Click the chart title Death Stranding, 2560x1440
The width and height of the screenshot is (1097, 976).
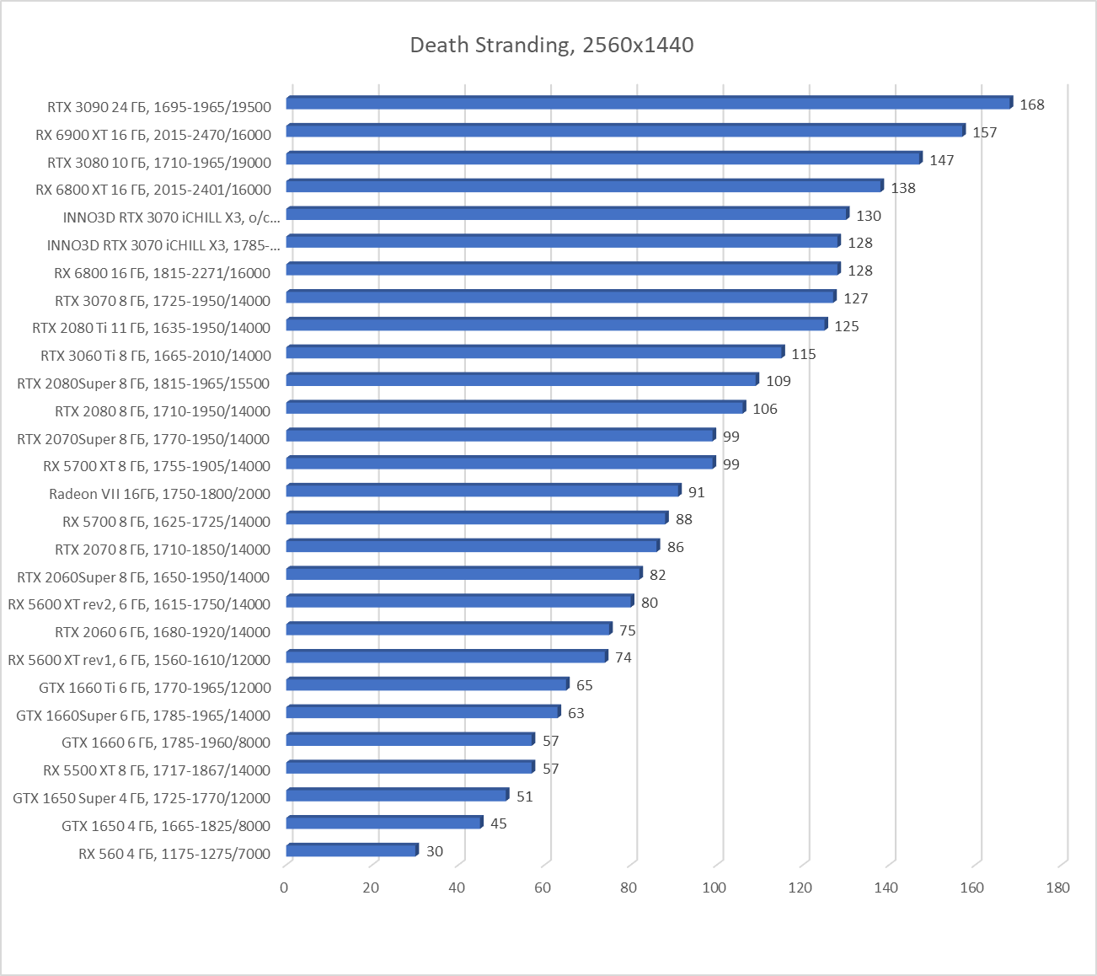pos(552,45)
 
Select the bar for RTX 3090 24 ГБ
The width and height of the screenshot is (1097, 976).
pos(649,103)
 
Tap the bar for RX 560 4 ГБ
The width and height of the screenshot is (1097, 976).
pos(351,850)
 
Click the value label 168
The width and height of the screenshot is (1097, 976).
pos(1031,105)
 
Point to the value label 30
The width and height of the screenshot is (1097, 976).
pos(434,851)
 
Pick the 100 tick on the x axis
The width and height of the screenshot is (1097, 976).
pos(714,887)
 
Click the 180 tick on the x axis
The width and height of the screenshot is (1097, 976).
pos(1057,887)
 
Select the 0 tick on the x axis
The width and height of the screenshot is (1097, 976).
pos(284,887)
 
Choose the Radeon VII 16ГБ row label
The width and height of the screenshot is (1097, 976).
pos(159,494)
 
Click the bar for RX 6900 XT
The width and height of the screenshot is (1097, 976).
pos(625,131)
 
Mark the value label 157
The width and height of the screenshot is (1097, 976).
pos(984,132)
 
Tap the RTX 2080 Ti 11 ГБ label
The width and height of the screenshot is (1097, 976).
pos(152,328)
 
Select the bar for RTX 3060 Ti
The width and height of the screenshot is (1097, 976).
pos(535,351)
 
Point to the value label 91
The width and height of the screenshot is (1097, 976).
pos(696,492)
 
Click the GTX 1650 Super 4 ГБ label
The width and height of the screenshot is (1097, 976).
pos(142,798)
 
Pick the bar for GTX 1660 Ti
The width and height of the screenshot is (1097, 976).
pos(427,684)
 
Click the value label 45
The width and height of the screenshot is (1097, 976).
pos(498,823)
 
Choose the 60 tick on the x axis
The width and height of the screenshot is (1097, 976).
pos(542,887)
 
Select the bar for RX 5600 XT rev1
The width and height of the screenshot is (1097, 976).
pos(447,656)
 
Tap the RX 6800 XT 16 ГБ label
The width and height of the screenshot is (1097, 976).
pos(153,190)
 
